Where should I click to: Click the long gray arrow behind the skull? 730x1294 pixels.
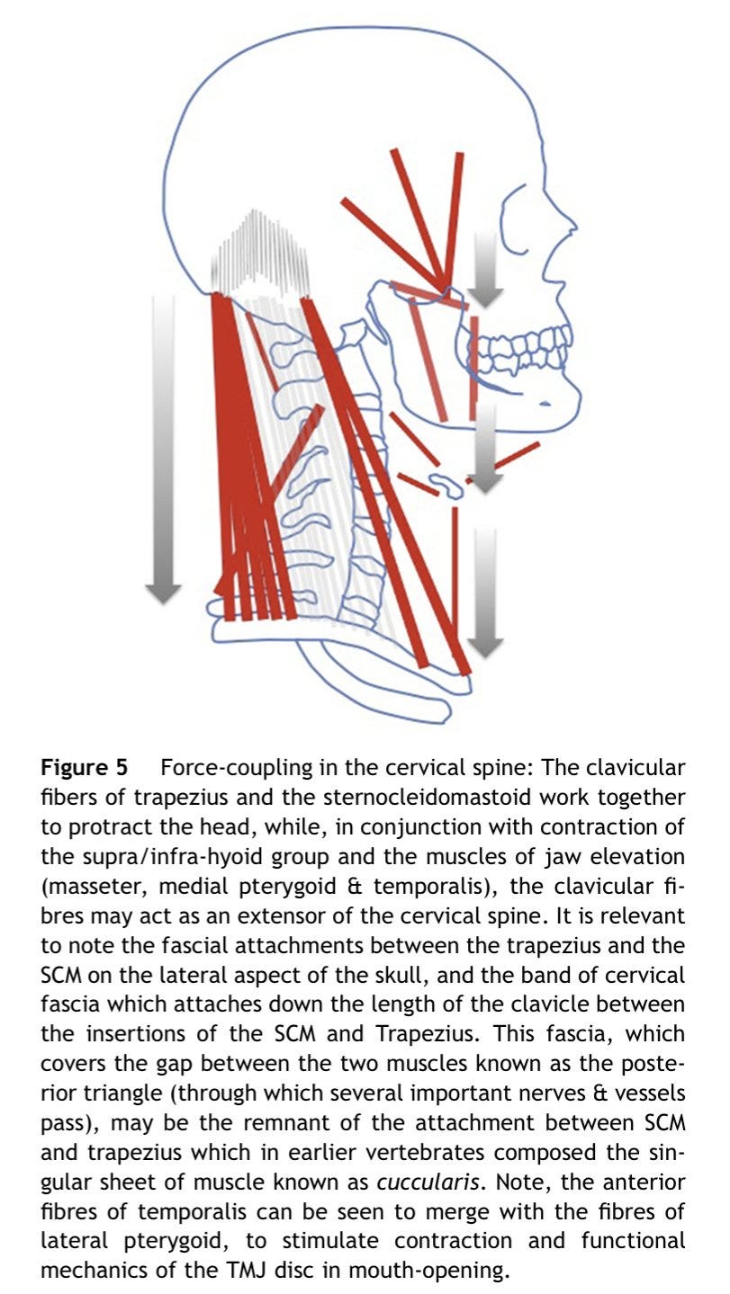tap(163, 450)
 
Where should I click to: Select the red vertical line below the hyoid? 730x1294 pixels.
tap(455, 576)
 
